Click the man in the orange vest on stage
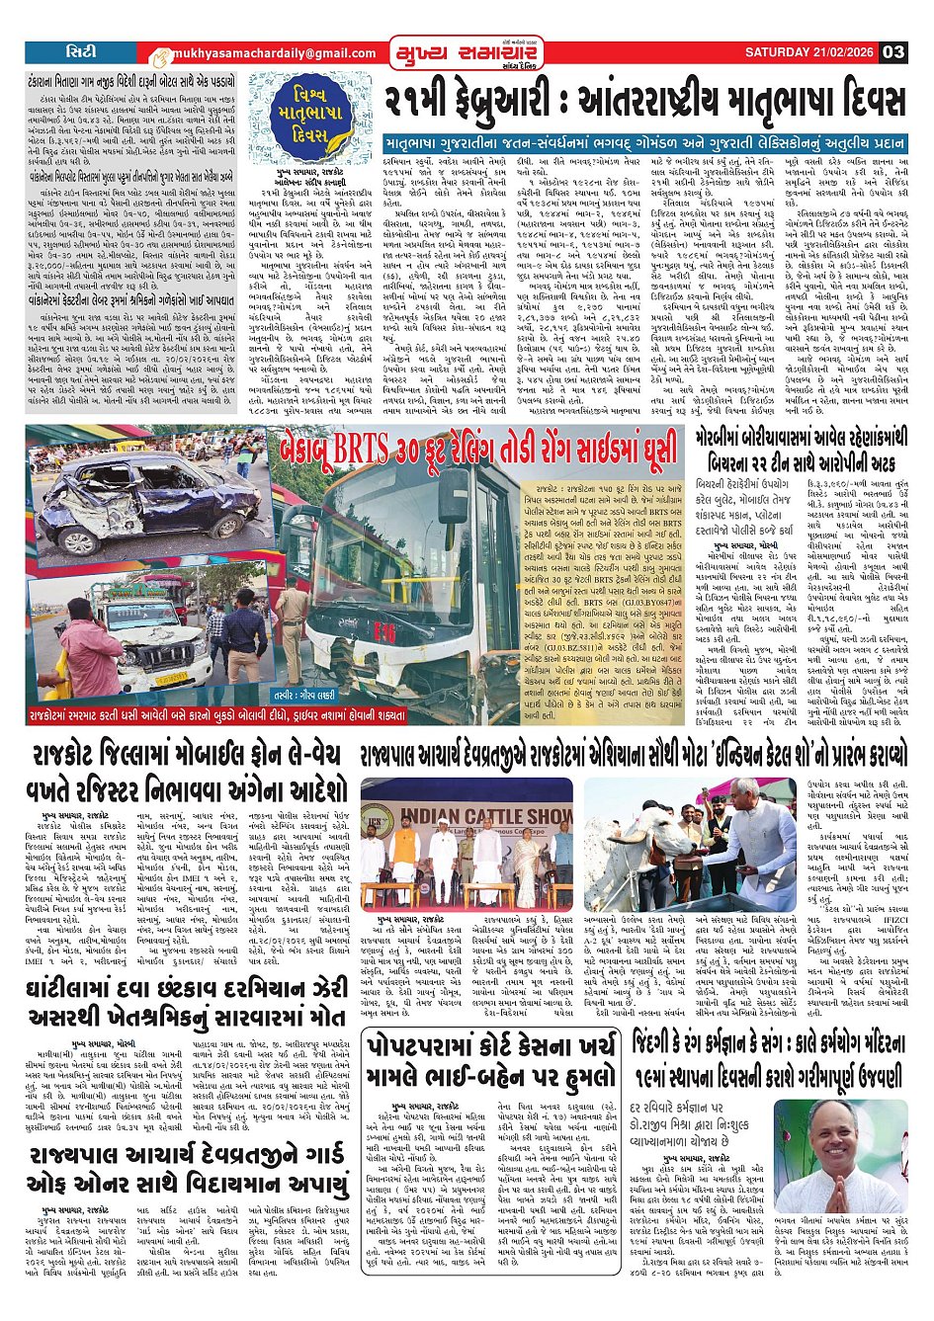click(x=404, y=850)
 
